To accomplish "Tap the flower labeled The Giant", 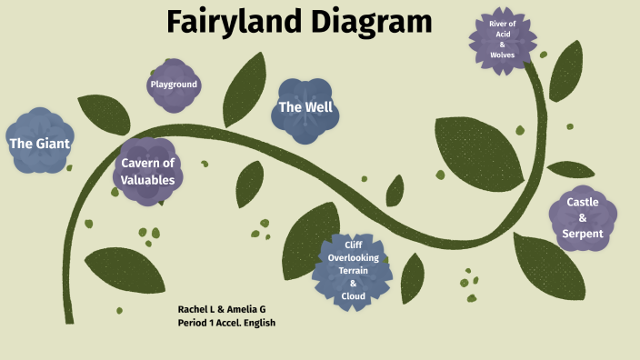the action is coord(39,143).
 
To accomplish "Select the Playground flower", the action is coord(173,85).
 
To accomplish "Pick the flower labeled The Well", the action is coord(305,107).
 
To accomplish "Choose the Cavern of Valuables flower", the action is coord(148,171).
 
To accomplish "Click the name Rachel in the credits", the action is coord(195,310).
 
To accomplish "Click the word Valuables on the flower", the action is coord(148,180).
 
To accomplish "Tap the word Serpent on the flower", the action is coord(583,234).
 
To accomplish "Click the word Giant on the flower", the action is coord(52,143).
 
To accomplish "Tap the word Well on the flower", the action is coord(319,107).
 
